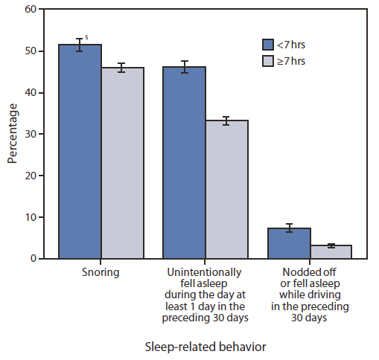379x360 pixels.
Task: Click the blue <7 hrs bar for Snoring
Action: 80,152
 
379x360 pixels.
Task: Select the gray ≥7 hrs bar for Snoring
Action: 122,164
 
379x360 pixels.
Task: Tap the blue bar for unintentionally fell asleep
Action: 185,164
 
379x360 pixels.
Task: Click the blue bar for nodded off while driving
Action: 289,243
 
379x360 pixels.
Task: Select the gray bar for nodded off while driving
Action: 331,251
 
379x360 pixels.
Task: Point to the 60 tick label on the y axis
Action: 30,10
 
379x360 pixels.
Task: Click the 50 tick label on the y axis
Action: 30,51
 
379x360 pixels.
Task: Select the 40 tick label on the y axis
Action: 30,93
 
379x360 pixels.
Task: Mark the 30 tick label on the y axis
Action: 30,134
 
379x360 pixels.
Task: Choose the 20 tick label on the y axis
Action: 30,176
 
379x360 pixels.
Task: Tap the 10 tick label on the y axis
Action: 30,217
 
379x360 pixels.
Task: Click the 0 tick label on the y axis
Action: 33,259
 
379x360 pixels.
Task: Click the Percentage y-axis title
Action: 13,135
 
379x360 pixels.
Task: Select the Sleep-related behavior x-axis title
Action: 206,346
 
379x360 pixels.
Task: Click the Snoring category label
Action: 101,272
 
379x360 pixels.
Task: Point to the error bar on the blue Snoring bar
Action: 80,45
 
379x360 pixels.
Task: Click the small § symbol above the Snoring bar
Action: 87,37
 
